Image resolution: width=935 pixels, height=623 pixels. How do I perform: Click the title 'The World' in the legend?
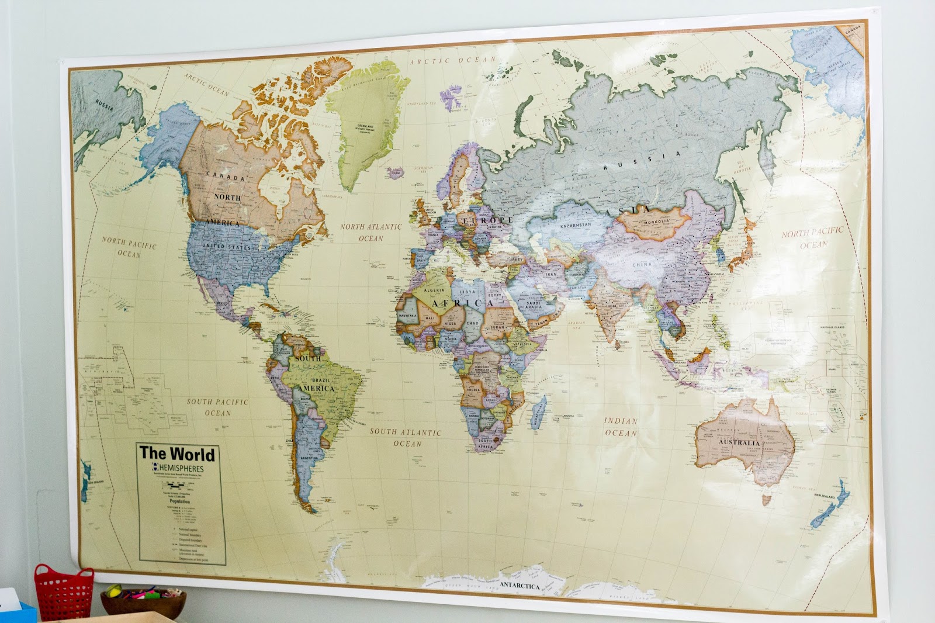pos(176,453)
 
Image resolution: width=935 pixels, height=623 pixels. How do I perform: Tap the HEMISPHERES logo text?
pos(181,469)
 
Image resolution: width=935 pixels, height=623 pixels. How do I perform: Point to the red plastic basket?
pos(64,591)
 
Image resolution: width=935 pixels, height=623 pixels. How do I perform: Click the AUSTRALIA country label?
pos(739,442)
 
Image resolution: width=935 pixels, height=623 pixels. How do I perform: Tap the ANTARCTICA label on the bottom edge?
pos(520,585)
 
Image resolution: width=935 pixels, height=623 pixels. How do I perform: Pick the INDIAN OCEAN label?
pos(621,427)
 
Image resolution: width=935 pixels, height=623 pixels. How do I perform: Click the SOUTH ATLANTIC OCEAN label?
pos(406,437)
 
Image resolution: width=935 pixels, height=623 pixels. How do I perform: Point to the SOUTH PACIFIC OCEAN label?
pos(217,407)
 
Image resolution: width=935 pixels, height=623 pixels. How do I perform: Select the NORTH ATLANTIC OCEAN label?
pos(371,232)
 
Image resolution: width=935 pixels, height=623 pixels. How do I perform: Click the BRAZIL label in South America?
pos(321,380)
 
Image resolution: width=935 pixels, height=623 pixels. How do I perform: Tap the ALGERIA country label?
pos(434,290)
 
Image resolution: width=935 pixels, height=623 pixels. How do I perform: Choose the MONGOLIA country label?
pos(656,222)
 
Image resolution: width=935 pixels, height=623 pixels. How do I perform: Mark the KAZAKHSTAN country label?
pos(576,225)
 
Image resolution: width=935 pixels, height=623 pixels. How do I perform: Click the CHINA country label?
pos(642,264)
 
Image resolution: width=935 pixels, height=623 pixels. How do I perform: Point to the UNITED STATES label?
pos(226,247)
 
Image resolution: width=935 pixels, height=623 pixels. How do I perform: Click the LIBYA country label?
pos(467,292)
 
